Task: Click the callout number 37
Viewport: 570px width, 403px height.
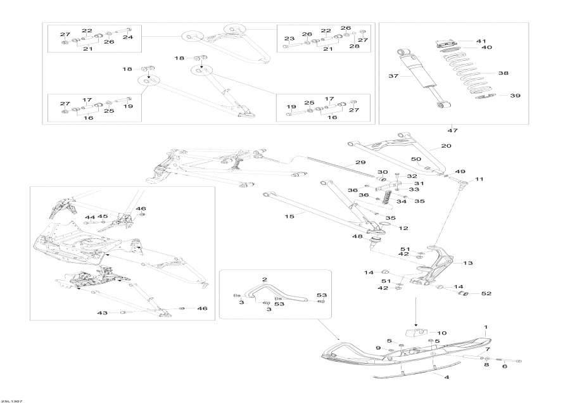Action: click(392, 76)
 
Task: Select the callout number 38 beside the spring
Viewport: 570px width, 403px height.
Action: click(503, 74)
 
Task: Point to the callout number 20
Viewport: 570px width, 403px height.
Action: click(446, 146)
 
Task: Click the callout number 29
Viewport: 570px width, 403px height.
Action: click(360, 163)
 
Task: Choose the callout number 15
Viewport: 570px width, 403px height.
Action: click(289, 216)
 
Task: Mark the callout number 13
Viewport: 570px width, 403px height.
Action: click(469, 262)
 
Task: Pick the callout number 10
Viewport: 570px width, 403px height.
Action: click(441, 333)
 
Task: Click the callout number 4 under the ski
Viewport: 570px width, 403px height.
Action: click(446, 378)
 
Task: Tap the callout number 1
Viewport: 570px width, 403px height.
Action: click(486, 327)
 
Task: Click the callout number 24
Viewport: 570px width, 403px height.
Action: click(128, 37)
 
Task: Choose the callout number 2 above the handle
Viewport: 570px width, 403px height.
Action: click(265, 279)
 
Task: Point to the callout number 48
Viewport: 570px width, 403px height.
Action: click(358, 237)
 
